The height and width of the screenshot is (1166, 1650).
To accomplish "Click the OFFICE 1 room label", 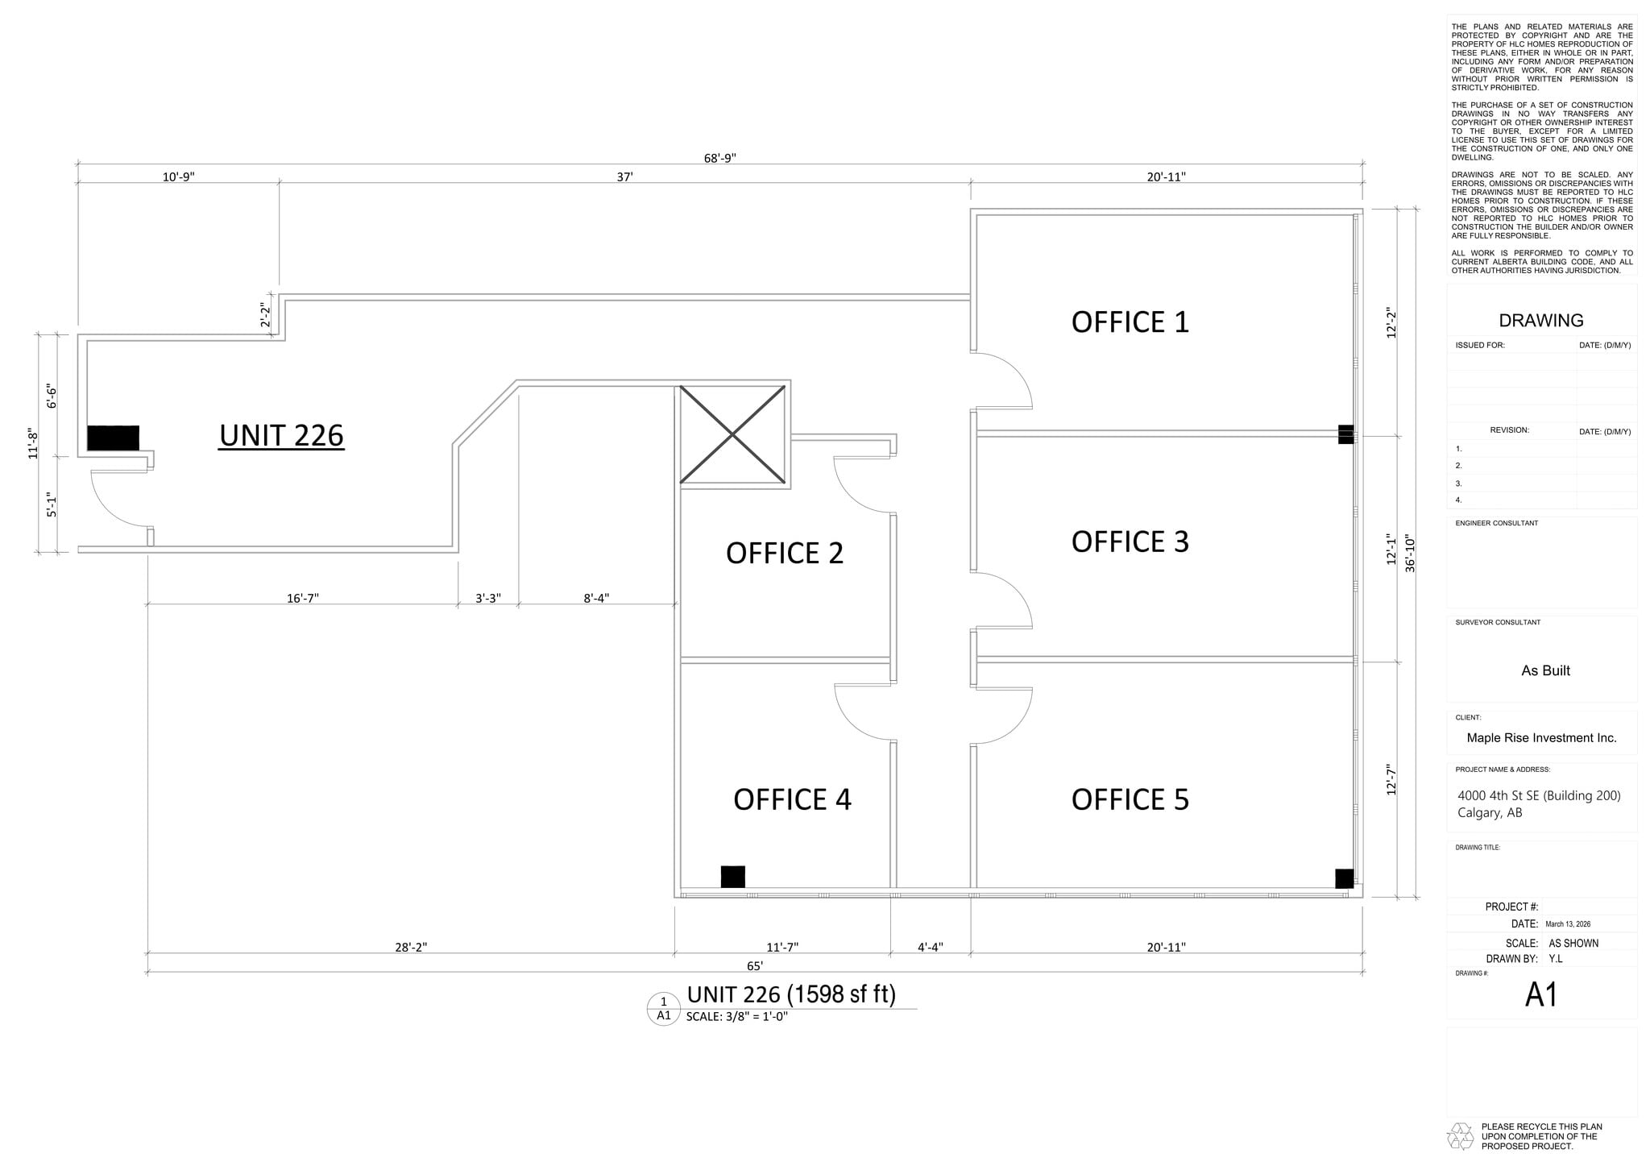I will point(1130,322).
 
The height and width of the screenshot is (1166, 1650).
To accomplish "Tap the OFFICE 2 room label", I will point(784,554).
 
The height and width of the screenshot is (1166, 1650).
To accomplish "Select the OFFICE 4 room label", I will point(792,799).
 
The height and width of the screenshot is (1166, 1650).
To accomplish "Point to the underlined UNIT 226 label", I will point(281,436).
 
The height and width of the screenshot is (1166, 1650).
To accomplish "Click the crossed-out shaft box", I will point(732,435).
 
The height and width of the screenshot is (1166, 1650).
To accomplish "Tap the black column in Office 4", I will point(732,876).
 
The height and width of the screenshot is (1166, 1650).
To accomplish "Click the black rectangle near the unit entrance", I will point(113,438).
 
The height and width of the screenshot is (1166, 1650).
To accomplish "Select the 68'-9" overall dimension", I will point(719,158).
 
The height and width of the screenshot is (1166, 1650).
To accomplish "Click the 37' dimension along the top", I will point(624,177).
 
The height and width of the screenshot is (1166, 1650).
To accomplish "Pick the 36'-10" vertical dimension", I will point(1410,554).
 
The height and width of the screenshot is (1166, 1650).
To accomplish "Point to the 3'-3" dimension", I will point(487,598).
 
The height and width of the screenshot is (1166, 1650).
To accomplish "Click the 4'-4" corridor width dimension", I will point(930,948).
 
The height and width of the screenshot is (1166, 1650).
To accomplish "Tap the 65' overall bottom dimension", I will point(754,965).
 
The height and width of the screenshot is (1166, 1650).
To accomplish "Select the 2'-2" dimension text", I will point(264,315).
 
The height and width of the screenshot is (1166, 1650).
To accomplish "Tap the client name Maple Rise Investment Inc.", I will point(1541,738).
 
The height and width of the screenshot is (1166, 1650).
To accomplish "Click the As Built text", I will point(1544,670).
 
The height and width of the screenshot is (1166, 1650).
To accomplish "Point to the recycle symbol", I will point(1460,1136).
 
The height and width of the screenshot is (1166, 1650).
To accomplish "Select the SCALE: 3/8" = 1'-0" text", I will point(736,1017).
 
